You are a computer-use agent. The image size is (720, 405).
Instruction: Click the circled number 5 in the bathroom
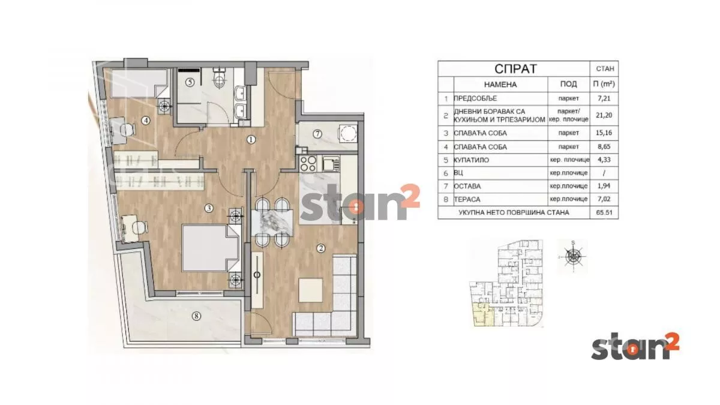pyautogui.click(x=190, y=83)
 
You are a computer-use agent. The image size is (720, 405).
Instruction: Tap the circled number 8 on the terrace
pyautogui.click(x=196, y=316)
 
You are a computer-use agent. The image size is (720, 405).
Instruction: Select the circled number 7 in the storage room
pyautogui.click(x=317, y=134)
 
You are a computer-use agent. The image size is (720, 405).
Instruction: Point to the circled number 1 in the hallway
pyautogui.click(x=251, y=139)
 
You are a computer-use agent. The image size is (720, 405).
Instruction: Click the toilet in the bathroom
pyautogui.click(x=220, y=78)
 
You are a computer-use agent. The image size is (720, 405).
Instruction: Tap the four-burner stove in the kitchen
pyautogui.click(x=308, y=163)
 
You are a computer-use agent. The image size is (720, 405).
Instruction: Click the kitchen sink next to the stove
pyautogui.click(x=331, y=163)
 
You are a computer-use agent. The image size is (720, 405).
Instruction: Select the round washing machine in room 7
pyautogui.click(x=347, y=133)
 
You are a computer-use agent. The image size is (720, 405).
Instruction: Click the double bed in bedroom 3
pyautogui.click(x=211, y=248)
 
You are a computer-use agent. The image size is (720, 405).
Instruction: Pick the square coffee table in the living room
pyautogui.click(x=311, y=290)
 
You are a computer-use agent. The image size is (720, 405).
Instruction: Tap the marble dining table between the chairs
pyautogui.click(x=272, y=223)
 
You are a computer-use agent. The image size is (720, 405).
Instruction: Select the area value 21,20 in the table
pyautogui.click(x=604, y=115)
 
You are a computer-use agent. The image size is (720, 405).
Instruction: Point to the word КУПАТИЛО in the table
pyautogui.click(x=471, y=160)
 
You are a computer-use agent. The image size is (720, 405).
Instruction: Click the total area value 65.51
pyautogui.click(x=604, y=212)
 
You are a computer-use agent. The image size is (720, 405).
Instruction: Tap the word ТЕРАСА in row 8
pyautogui.click(x=467, y=199)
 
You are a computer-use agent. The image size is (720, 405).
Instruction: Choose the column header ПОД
pyautogui.click(x=568, y=84)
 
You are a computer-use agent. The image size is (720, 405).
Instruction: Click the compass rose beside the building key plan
pyautogui.click(x=573, y=257)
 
